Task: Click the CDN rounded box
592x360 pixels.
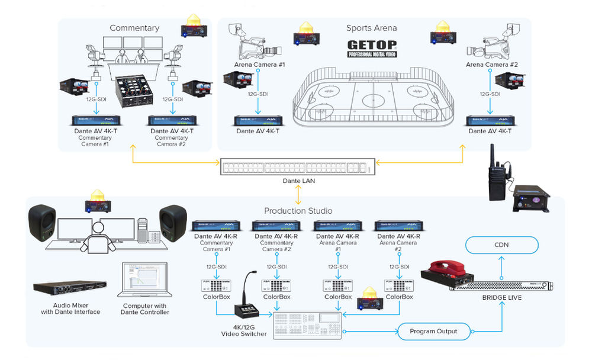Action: pyautogui.click(x=502, y=245)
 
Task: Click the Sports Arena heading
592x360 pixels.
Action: pyautogui.click(x=371, y=28)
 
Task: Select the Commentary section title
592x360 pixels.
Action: pyautogui.click(x=134, y=28)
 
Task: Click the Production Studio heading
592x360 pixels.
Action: pyautogui.click(x=298, y=211)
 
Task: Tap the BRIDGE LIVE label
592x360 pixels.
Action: pyautogui.click(x=503, y=297)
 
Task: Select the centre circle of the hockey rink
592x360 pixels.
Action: pyautogui.click(x=374, y=100)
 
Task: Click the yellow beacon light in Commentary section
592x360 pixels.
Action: pyautogui.click(x=194, y=25)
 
